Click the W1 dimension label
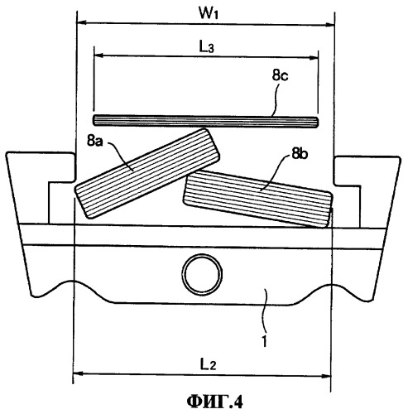click(209, 13)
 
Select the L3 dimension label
click(207, 47)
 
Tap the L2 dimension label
click(209, 365)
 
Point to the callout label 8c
click(280, 75)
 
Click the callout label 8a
click(95, 141)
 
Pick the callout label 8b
click(300, 154)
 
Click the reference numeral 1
click(265, 342)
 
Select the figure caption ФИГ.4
click(215, 402)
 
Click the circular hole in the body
click(202, 274)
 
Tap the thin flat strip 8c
click(205, 121)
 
